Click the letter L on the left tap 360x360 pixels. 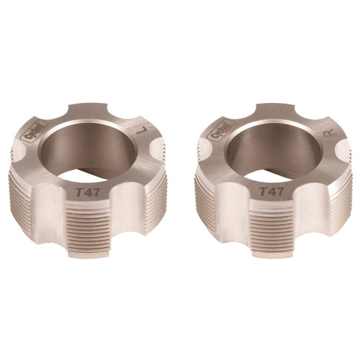pos(145,131)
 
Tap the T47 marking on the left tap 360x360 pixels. pos(88,192)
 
